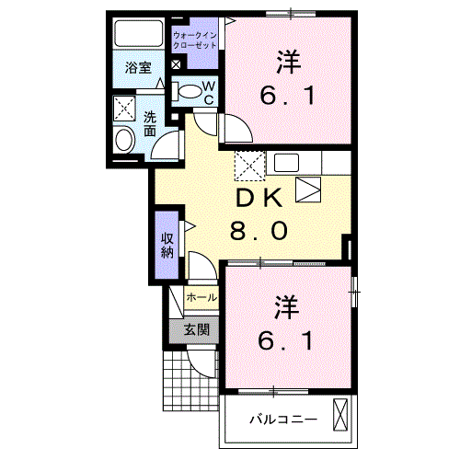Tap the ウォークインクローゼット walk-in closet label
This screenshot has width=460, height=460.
(195, 39)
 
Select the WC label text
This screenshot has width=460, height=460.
(209, 93)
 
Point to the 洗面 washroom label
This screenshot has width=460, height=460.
(150, 124)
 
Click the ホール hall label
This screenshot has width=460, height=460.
(202, 297)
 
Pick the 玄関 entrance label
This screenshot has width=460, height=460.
(195, 328)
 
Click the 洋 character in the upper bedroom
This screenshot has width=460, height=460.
(288, 62)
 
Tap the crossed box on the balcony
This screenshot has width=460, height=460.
(342, 415)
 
